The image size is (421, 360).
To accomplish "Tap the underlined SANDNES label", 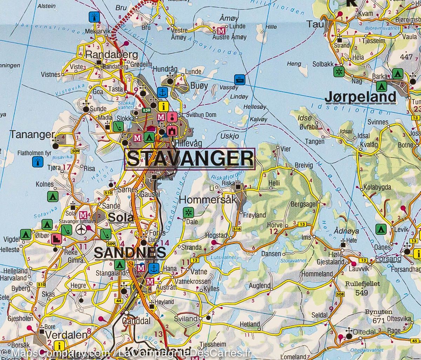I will pyautogui.click(x=130, y=253).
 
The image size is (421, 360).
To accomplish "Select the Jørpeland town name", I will pyautogui.click(x=361, y=97).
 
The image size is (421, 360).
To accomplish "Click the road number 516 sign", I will pyautogui.click(x=237, y=229).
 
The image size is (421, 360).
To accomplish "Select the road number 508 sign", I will pyautogui.click(x=339, y=294).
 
